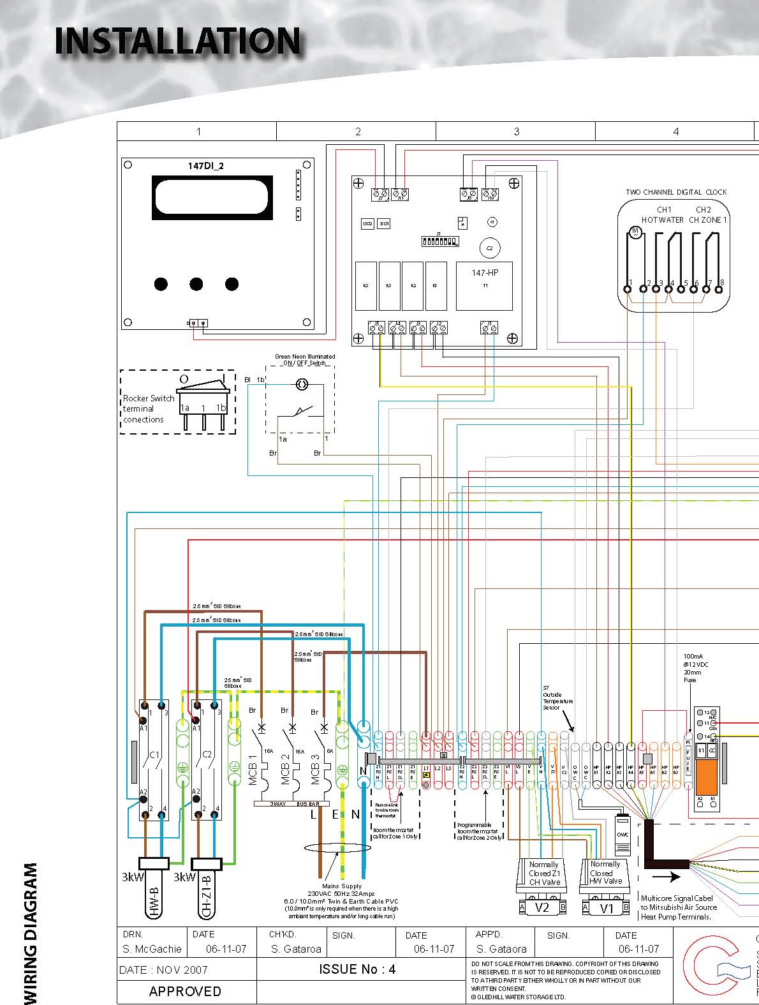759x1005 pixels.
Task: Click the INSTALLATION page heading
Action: [x=177, y=41]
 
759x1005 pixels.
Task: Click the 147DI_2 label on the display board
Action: [x=205, y=166]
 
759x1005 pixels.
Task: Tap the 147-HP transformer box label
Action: [x=485, y=272]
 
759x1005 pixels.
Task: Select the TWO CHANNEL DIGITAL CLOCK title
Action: [x=676, y=192]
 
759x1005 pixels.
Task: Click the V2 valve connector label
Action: [x=542, y=907]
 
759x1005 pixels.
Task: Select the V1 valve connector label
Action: [x=607, y=907]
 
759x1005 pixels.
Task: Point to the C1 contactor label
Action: [x=154, y=755]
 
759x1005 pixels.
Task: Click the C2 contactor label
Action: [x=207, y=755]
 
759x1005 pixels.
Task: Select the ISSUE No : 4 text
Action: [x=357, y=969]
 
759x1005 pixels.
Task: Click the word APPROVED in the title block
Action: [x=185, y=991]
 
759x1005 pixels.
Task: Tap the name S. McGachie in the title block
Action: [x=152, y=949]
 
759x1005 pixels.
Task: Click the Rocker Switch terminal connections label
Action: [x=148, y=409]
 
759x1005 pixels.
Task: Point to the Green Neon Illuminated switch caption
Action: [x=304, y=360]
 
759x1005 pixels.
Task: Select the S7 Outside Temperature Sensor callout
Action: [x=557, y=697]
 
